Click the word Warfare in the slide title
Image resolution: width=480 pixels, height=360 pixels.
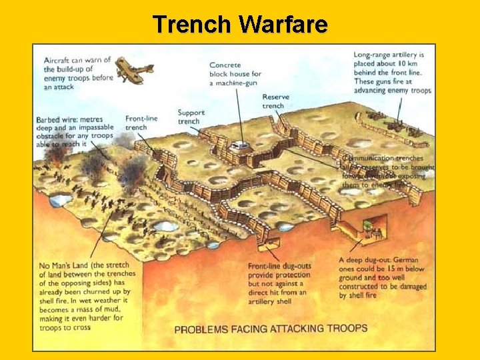[283, 25]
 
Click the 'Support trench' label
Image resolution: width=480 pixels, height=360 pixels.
[191, 117]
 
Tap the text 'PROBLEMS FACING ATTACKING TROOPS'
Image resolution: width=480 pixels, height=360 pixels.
[271, 328]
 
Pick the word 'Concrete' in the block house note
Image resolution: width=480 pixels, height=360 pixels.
[225, 65]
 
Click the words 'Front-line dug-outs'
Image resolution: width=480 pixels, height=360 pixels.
[279, 267]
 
